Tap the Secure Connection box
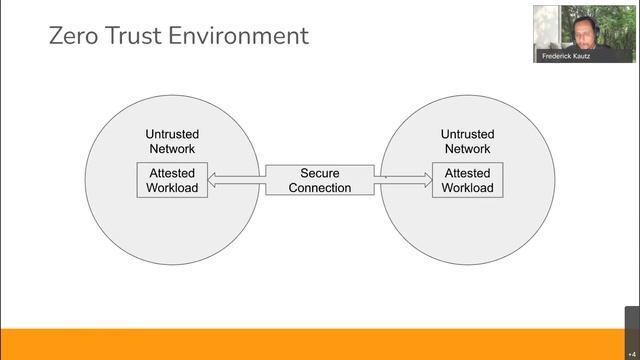click(319, 180)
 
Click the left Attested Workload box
click(172, 180)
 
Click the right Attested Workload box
click(467, 180)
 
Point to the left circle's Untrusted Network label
click(172, 141)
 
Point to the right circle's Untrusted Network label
click(467, 141)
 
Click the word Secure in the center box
click(319, 173)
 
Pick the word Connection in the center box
click(319, 188)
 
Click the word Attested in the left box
click(172, 173)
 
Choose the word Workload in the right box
click(467, 188)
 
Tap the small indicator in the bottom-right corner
click(631, 353)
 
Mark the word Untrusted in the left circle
click(172, 134)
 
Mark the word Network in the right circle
click(467, 149)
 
